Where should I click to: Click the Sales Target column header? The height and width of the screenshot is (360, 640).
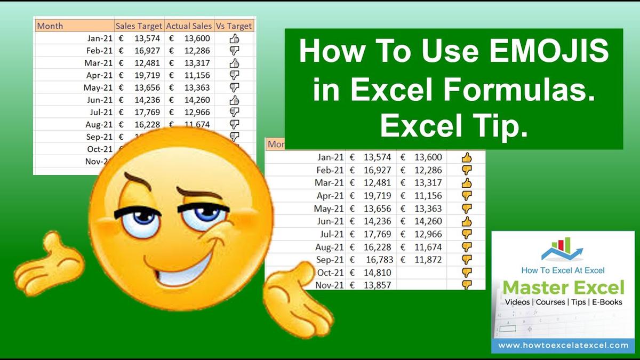(139, 26)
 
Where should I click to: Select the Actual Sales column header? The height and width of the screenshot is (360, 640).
(189, 26)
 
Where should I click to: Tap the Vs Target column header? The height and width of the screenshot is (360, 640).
(234, 26)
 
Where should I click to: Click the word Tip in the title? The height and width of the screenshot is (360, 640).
(499, 126)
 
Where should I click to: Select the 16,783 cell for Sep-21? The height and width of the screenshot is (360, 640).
(378, 259)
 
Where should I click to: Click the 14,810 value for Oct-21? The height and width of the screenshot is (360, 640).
(378, 272)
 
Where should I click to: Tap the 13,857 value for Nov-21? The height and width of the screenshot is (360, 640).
(378, 285)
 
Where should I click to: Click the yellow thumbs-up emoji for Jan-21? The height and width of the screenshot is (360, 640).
(467, 157)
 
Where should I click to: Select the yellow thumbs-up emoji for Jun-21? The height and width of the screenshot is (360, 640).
(467, 221)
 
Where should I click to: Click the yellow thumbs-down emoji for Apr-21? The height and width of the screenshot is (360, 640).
(467, 196)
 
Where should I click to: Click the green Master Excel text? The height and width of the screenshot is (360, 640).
(563, 288)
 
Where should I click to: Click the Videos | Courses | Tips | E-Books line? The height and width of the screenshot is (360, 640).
(563, 302)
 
